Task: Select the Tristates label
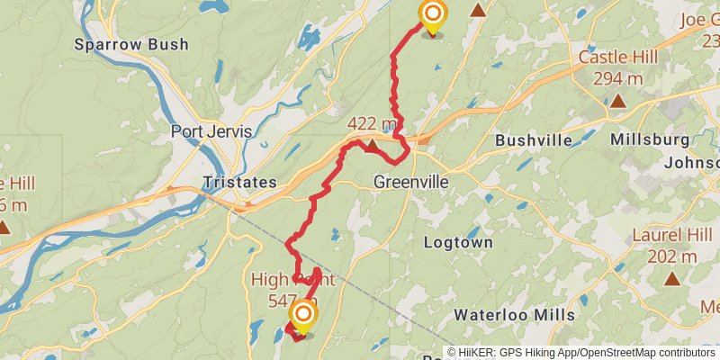[x=239, y=182]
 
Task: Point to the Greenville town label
[x=411, y=182]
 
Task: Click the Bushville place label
[x=534, y=140]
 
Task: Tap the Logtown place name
[x=459, y=243]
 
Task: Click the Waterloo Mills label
[x=514, y=315]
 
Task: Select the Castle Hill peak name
[x=617, y=58]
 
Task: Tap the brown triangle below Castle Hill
[x=617, y=99]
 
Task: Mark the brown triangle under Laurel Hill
[x=671, y=278]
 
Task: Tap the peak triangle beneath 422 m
[x=372, y=143]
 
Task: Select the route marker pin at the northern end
[x=433, y=15]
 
